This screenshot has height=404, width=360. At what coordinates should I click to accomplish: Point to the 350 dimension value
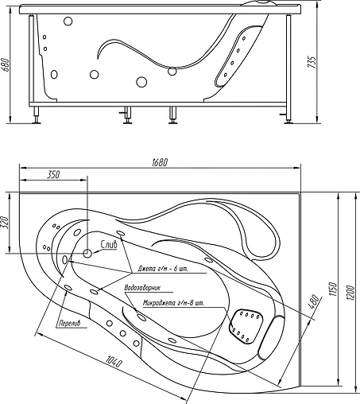(53, 174)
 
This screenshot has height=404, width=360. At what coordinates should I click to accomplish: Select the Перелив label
(71, 324)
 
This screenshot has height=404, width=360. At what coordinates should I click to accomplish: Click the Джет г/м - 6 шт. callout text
(162, 270)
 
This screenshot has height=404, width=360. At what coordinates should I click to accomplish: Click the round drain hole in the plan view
(87, 253)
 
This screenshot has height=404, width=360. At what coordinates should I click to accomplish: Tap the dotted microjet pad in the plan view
(246, 322)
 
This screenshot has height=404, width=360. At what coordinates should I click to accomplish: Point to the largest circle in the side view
(142, 80)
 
